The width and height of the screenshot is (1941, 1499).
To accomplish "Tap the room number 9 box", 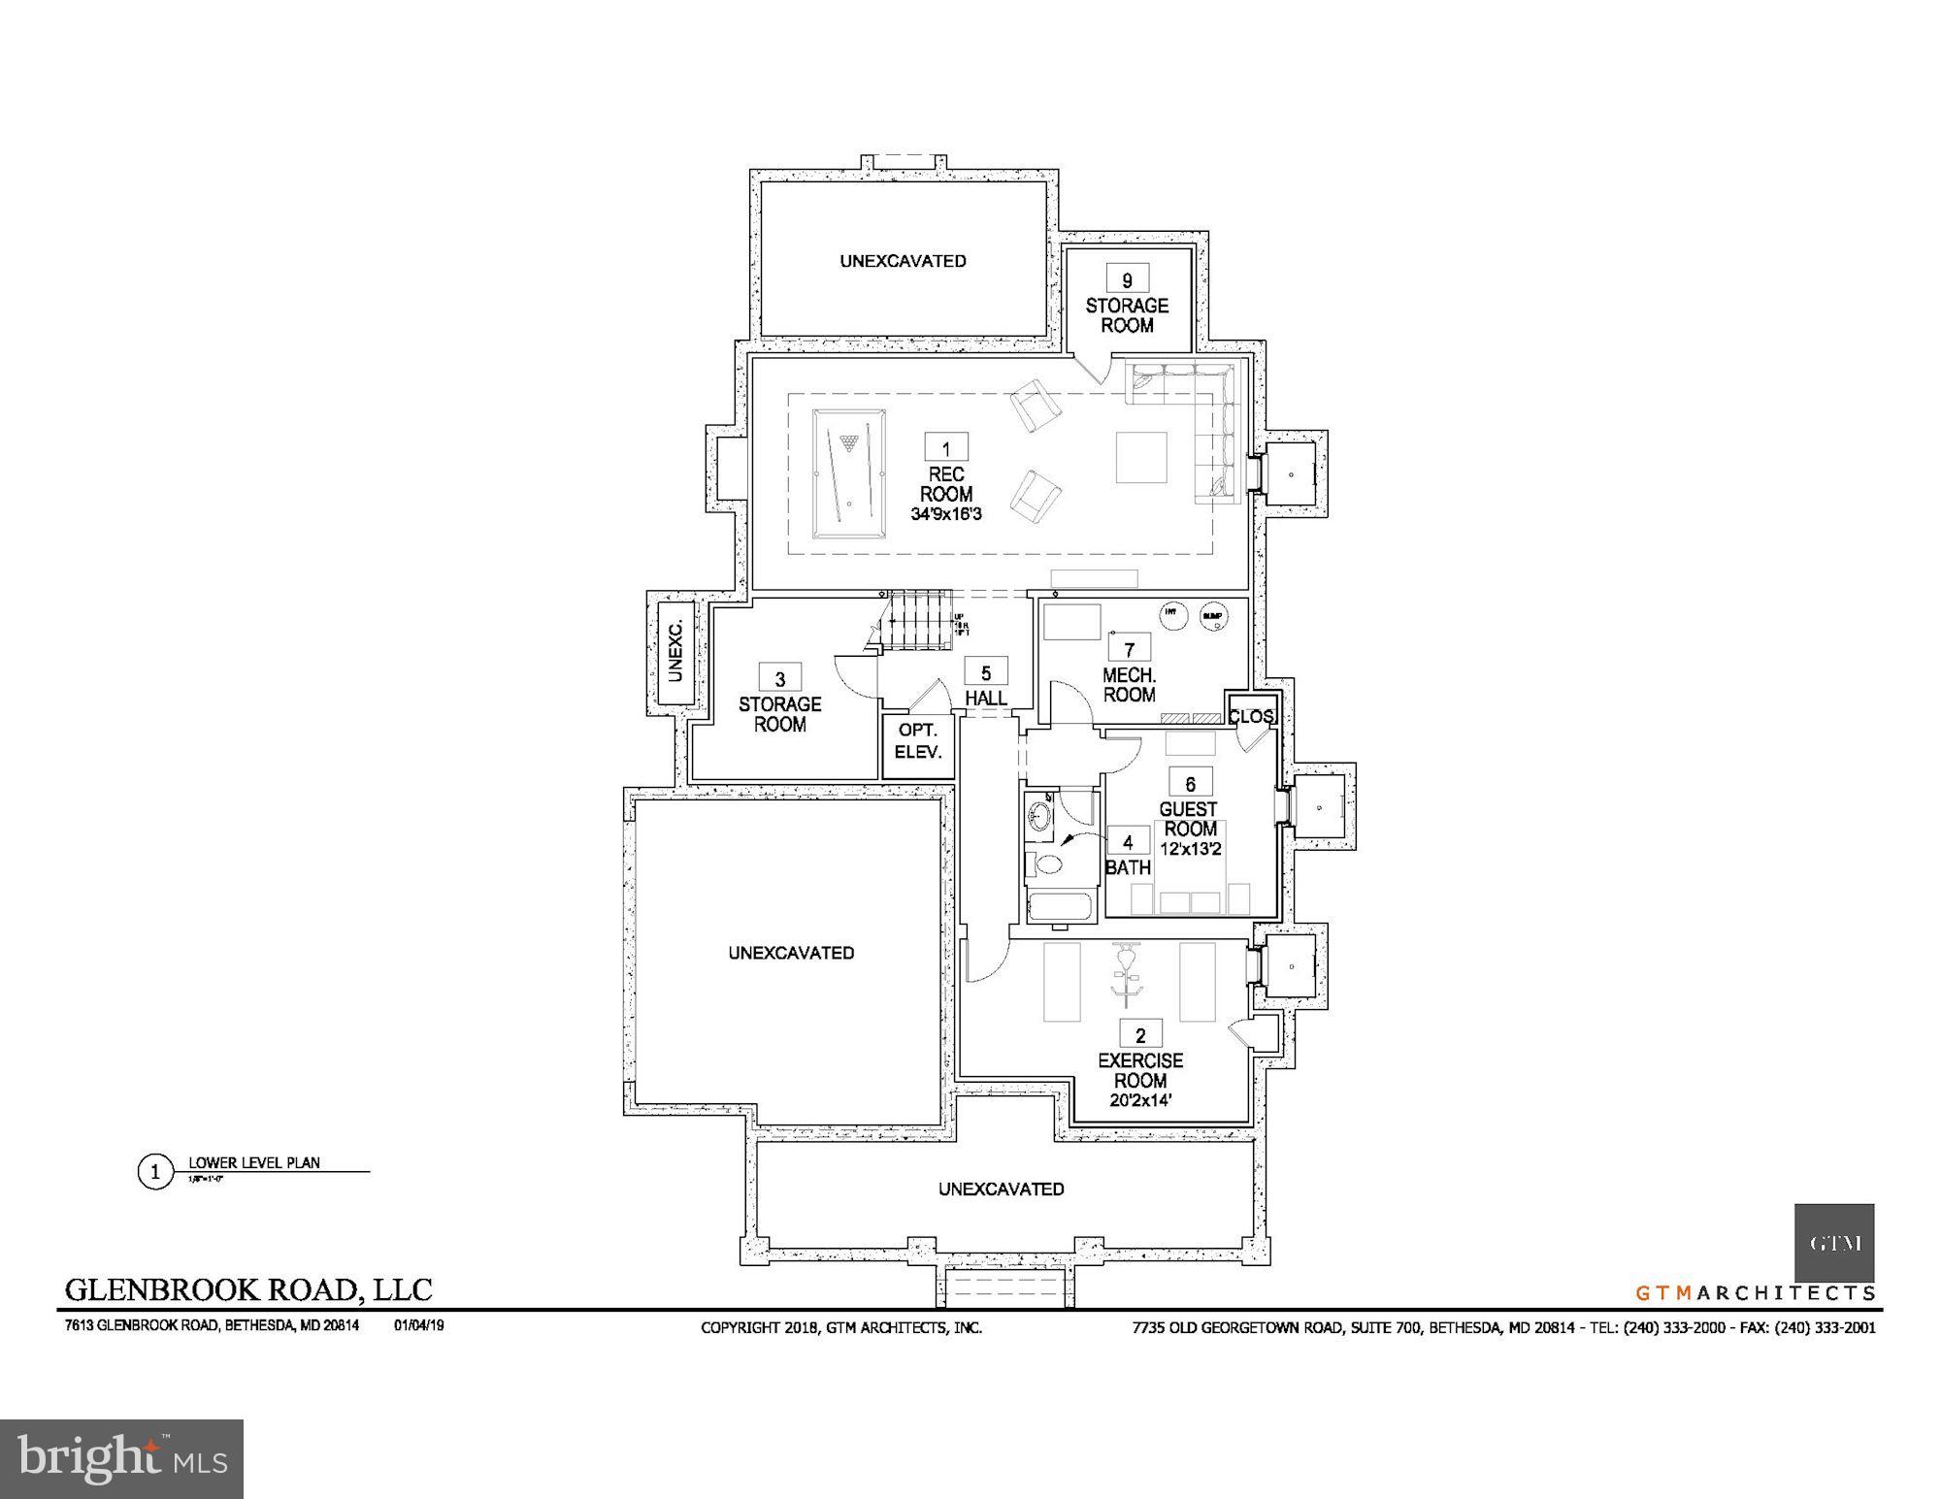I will click(1127, 279).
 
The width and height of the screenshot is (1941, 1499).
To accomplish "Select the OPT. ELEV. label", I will click(918, 740).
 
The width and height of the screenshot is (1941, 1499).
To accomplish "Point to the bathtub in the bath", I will click(1060, 908).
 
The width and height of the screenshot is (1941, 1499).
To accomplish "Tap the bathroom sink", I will click(1040, 817).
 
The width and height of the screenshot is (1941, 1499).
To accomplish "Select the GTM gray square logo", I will click(1833, 1243).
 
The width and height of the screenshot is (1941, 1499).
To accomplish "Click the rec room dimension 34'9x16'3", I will click(946, 514).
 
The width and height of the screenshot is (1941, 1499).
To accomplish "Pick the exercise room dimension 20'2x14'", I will click(1140, 1100).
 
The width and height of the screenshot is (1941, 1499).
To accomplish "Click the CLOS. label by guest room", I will click(1250, 717).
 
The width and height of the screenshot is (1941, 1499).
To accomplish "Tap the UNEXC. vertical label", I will click(675, 649).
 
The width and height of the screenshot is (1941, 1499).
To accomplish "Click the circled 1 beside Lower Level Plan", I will click(154, 1172).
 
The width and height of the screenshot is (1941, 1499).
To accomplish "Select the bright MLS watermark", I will click(121, 1458).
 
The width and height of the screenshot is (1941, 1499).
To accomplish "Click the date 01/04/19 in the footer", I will click(418, 1325).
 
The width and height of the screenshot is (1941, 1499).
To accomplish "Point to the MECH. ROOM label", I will click(1129, 685).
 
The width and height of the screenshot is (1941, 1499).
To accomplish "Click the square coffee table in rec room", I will click(1140, 457).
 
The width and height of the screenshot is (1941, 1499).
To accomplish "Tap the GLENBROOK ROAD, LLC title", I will click(248, 1289).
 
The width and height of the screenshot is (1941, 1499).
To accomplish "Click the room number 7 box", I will click(1129, 647).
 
